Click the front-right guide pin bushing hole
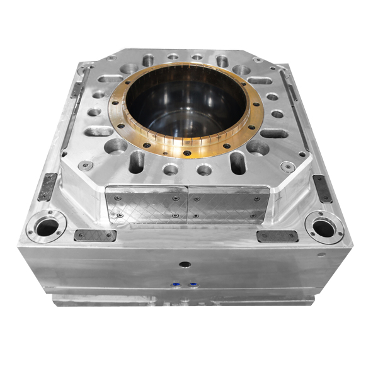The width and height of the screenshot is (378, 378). point(324,227)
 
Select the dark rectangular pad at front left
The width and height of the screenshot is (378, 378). point(95,236)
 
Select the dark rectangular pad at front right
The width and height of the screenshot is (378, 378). point(277,236)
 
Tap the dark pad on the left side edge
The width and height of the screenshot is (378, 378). point(48,186)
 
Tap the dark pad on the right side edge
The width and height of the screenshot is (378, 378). point(322,188)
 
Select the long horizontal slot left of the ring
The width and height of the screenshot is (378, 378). point(98,132)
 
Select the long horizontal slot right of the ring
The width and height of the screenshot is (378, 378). point(275,133)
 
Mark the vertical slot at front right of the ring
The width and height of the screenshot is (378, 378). point(238,163)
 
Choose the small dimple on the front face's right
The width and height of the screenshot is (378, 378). point(322,255)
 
